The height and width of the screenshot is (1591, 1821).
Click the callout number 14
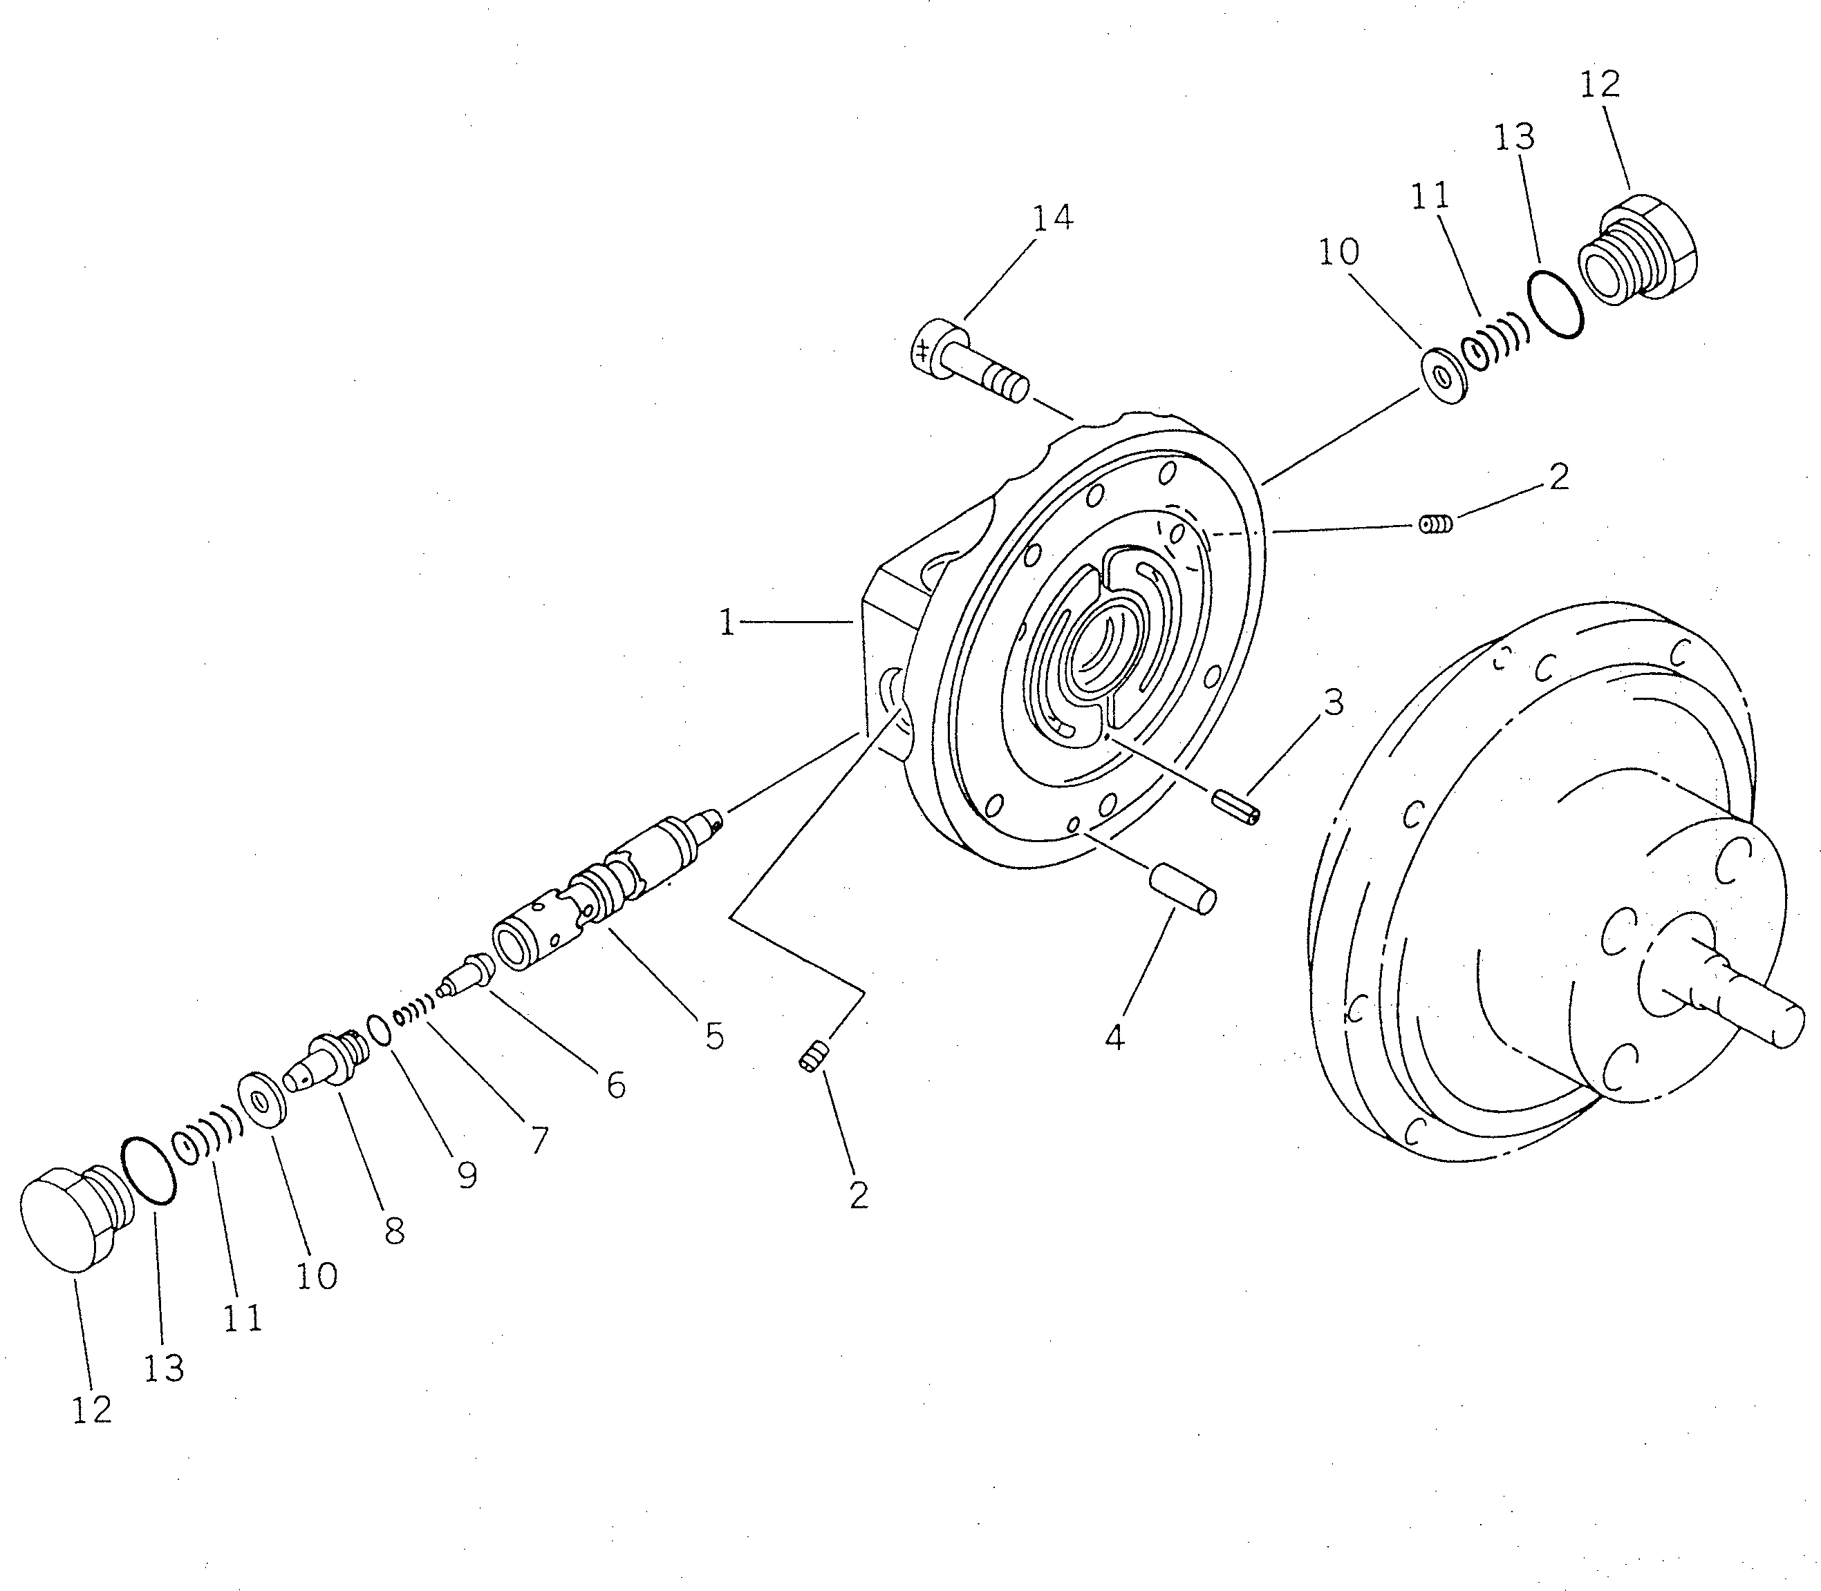coord(1053,218)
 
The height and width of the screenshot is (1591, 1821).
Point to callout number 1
coord(727,622)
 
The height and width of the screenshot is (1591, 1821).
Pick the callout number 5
coord(714,1036)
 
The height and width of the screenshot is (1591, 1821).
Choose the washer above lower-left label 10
coord(263,1102)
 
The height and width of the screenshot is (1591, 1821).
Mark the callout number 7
coord(539,1139)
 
